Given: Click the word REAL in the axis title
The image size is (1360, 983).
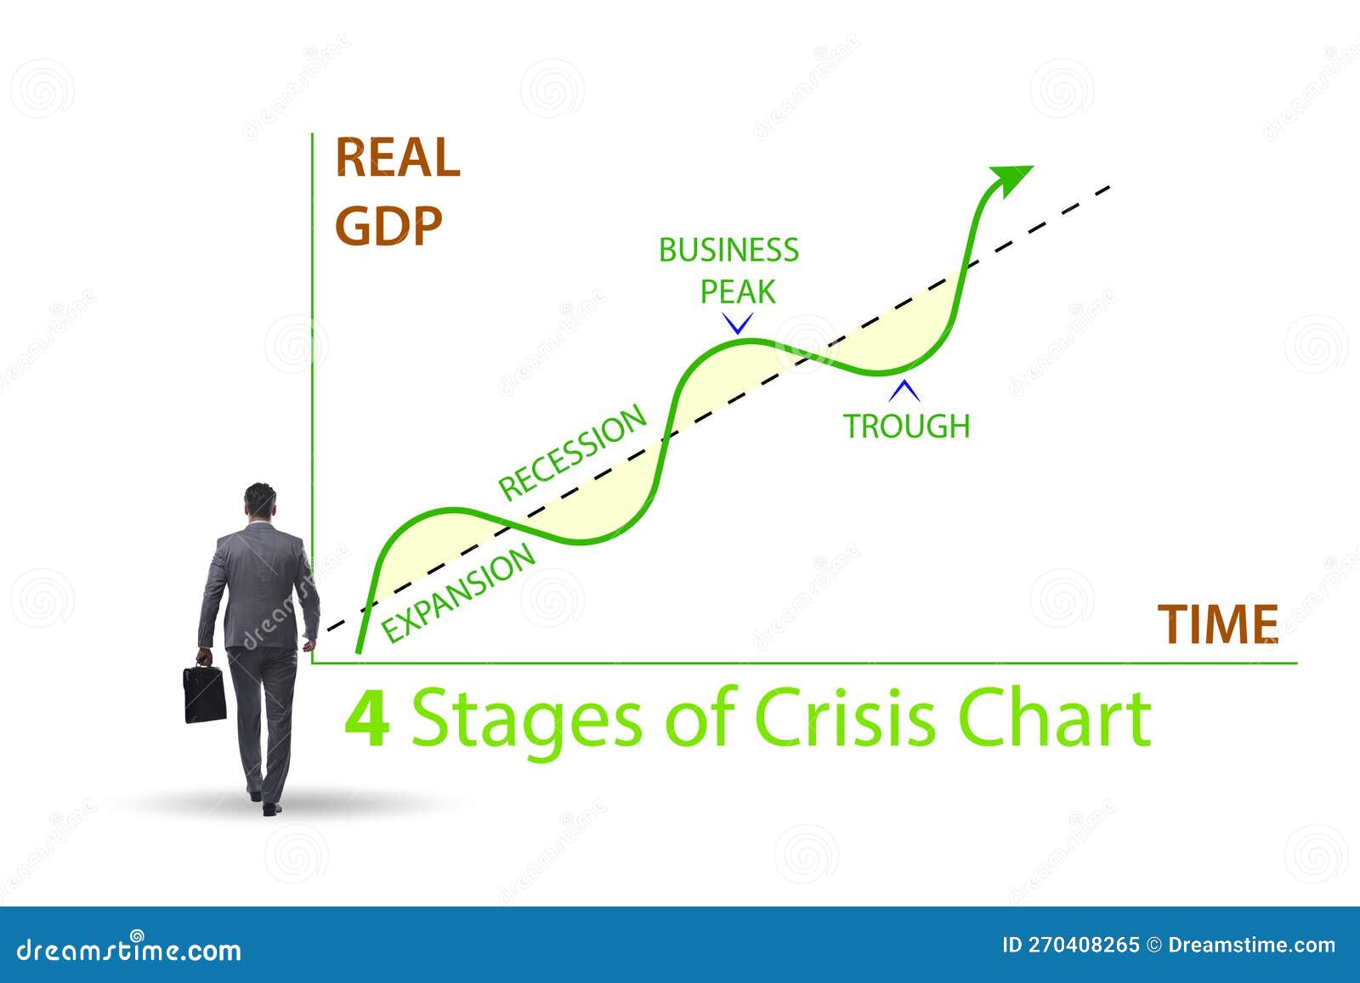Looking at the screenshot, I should (x=398, y=158).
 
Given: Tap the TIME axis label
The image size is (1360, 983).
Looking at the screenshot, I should (x=1218, y=624).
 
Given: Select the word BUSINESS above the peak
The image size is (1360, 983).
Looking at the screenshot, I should (x=728, y=251).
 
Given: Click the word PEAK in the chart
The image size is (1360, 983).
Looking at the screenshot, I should (x=737, y=291).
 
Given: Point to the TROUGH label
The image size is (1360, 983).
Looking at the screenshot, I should (x=906, y=426).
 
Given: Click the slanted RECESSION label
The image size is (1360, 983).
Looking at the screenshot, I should (x=572, y=452).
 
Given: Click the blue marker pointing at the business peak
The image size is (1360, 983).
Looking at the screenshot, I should (x=737, y=323).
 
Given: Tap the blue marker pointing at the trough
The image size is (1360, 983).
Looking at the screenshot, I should (x=904, y=392).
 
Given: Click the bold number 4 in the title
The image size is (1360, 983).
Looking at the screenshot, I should (x=366, y=718).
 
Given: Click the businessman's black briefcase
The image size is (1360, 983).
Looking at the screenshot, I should (x=204, y=693).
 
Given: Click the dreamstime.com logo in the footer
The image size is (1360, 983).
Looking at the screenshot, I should (x=129, y=949).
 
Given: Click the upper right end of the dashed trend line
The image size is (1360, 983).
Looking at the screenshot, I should (x=1107, y=187).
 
